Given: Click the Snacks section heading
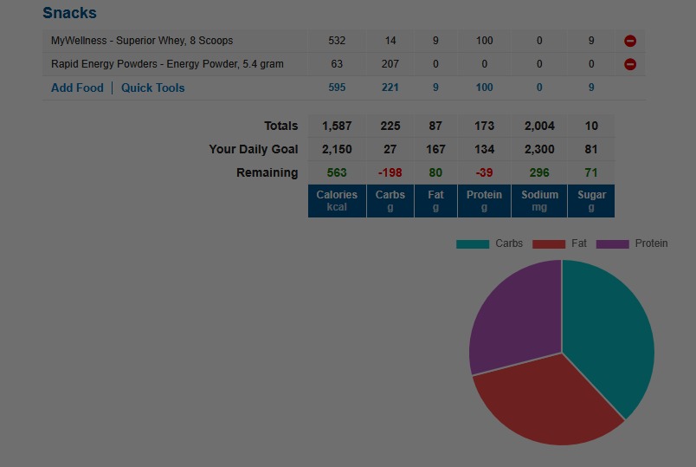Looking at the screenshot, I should click(69, 13).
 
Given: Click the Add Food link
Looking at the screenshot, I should click(77, 88).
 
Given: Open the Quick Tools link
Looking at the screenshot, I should click(152, 88).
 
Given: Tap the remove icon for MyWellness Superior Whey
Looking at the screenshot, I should click(630, 41).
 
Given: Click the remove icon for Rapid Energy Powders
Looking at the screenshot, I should click(630, 64).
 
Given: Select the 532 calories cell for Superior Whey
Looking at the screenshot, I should click(337, 41).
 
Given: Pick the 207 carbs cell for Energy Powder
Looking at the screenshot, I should click(390, 64).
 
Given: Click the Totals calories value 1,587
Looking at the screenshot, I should click(337, 126).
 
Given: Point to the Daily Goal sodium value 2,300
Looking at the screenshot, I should click(539, 149).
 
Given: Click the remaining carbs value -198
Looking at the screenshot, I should click(390, 172).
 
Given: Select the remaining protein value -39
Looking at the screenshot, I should click(484, 172).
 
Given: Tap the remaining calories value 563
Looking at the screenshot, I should click(337, 172).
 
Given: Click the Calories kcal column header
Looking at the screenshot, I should click(337, 201).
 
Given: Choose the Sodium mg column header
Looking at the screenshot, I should click(539, 201).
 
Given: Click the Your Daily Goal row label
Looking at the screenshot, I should click(253, 149).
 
